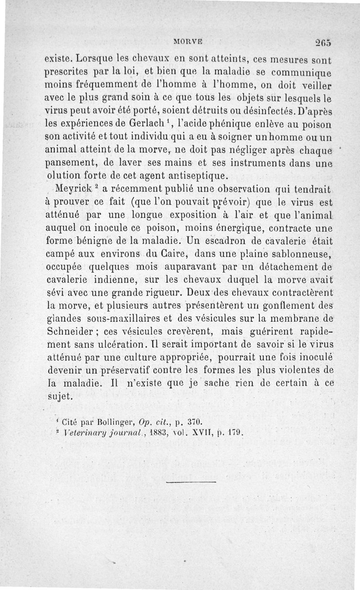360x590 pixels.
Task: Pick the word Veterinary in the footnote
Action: [x=79, y=434]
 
